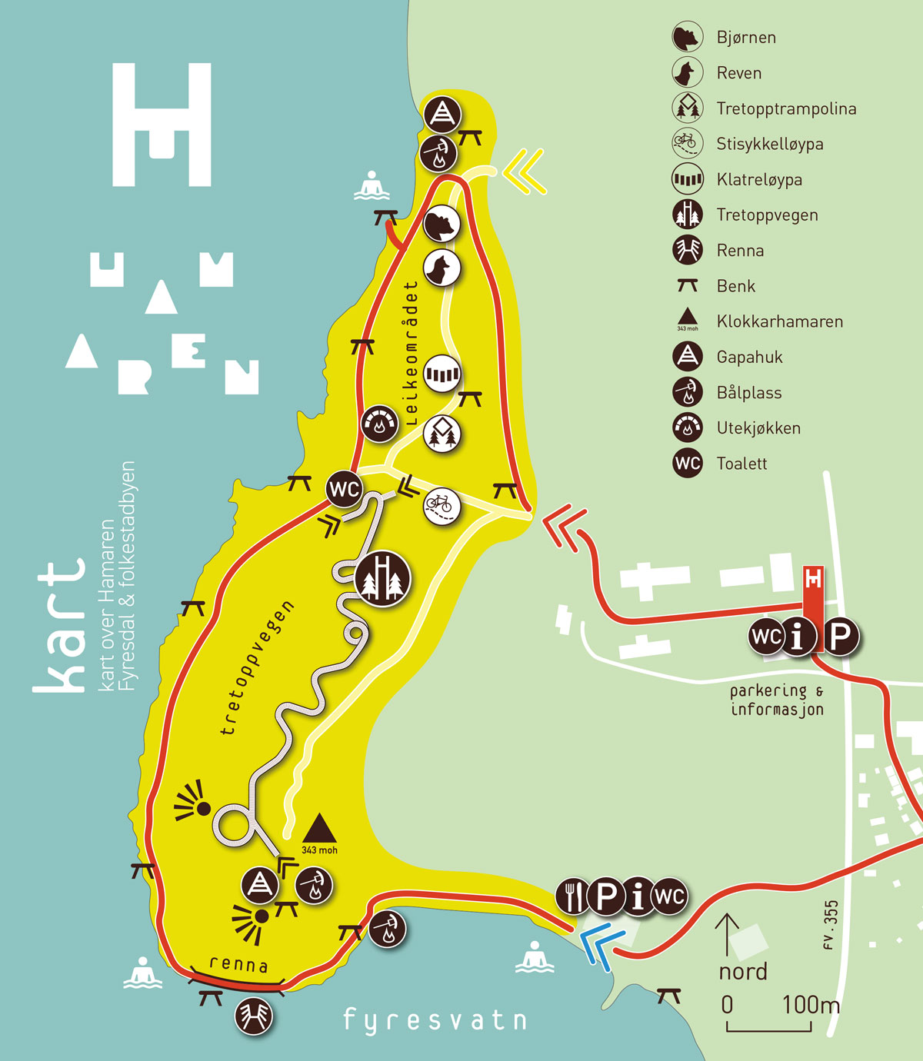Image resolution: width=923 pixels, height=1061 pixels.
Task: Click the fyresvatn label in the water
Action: (x=435, y=1020)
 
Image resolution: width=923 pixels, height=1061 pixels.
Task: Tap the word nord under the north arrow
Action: (x=743, y=972)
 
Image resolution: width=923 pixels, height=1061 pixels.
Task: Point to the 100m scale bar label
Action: (x=811, y=1005)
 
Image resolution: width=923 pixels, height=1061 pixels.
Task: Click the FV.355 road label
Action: (x=830, y=925)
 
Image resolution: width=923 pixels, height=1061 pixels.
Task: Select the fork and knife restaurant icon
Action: (x=571, y=896)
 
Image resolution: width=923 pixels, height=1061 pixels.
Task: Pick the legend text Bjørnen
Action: (x=746, y=38)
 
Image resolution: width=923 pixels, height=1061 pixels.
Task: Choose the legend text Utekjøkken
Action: (x=758, y=428)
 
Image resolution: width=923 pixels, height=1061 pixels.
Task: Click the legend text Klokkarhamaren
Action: (x=780, y=321)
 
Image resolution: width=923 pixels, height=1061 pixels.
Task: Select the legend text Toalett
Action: (x=741, y=464)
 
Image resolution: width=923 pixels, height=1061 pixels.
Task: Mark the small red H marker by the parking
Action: (x=813, y=578)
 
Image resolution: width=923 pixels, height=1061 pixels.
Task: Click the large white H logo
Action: (x=162, y=125)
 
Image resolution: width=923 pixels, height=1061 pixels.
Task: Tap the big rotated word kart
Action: (x=60, y=627)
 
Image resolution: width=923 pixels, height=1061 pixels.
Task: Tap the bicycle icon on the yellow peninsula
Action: (x=442, y=506)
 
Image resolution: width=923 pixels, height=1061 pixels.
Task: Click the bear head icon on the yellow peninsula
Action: (x=442, y=225)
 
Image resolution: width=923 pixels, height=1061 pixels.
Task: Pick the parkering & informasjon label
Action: (x=777, y=700)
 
